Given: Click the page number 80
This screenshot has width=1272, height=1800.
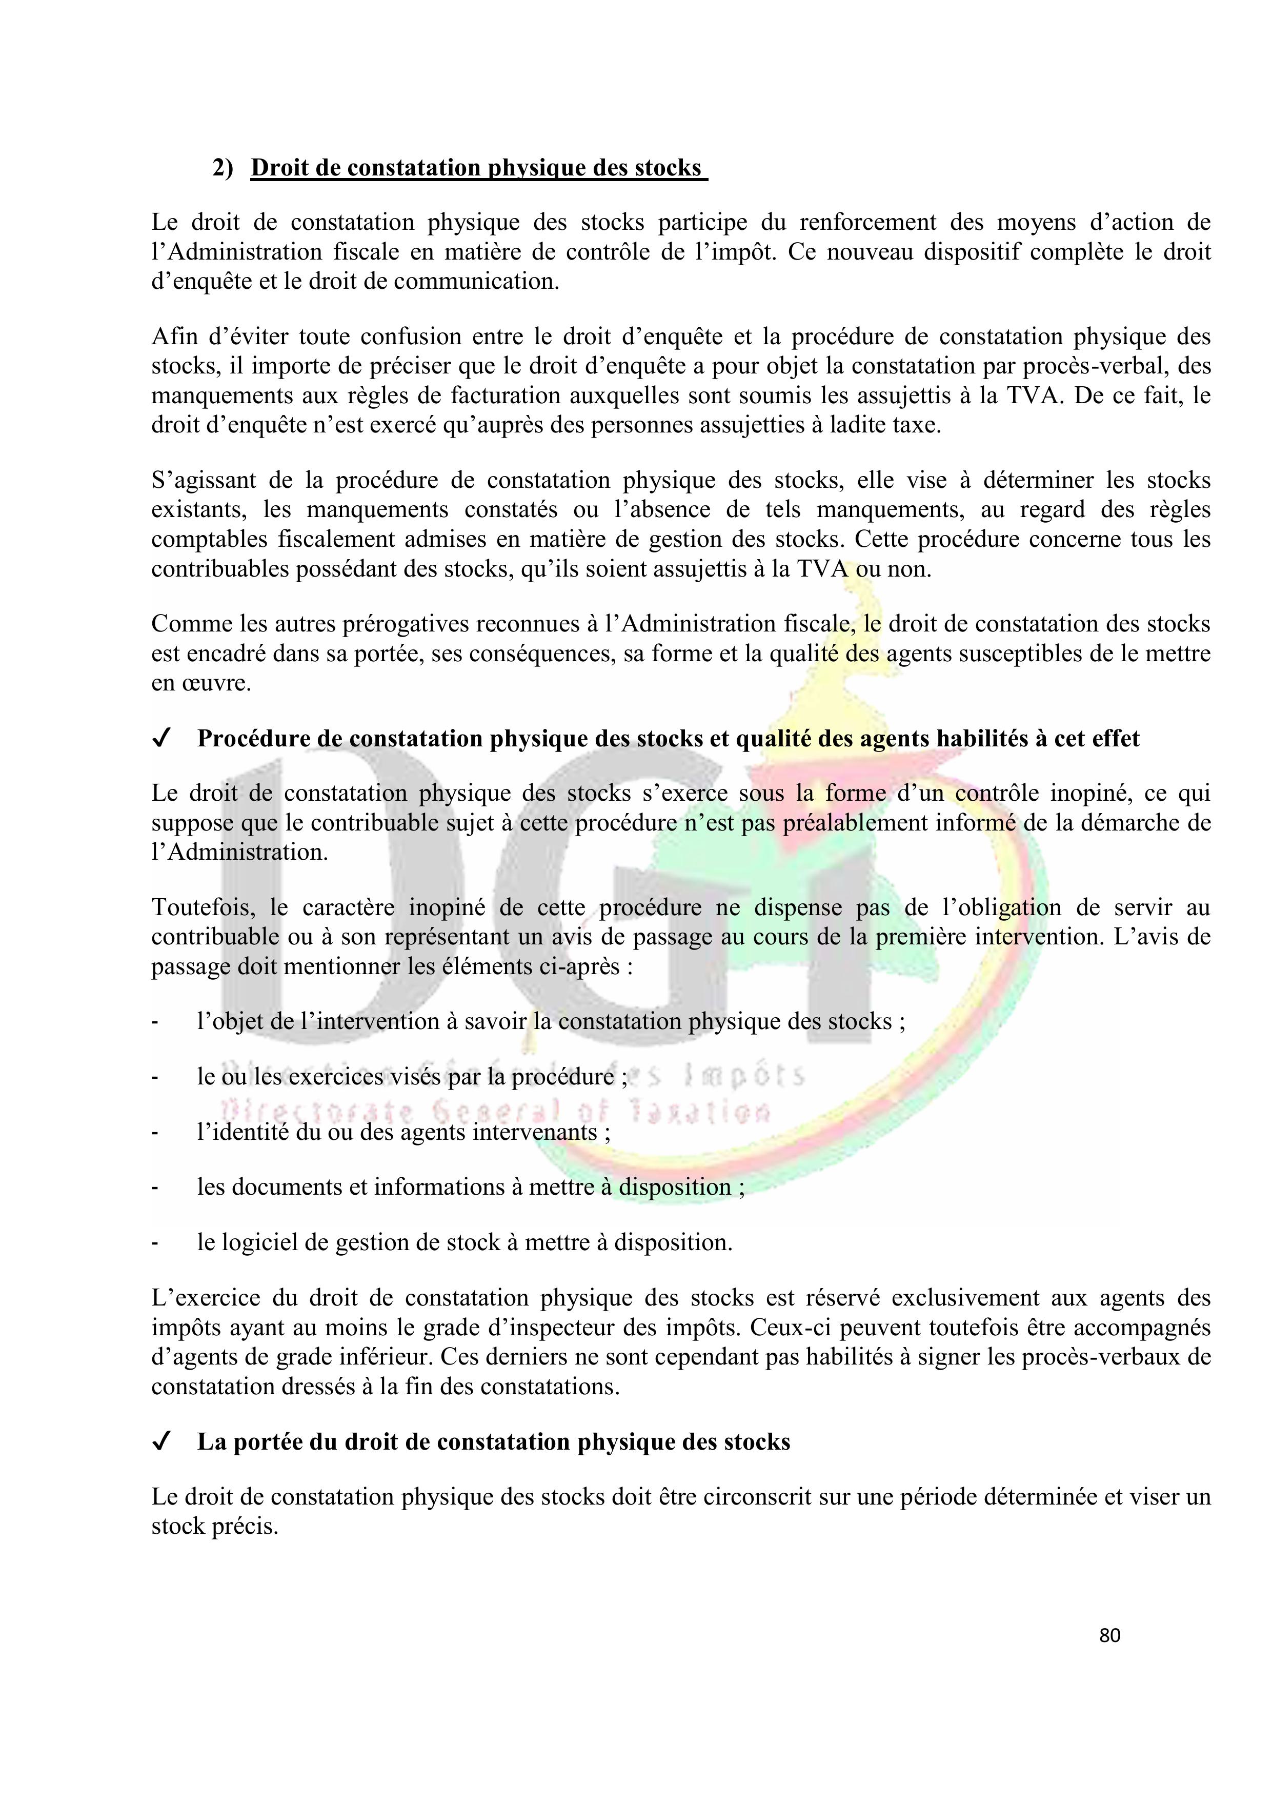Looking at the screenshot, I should point(1110,1635).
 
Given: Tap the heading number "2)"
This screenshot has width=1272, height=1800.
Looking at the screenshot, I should point(223,169).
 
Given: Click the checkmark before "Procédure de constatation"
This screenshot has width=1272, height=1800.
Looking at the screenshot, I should point(162,739).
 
